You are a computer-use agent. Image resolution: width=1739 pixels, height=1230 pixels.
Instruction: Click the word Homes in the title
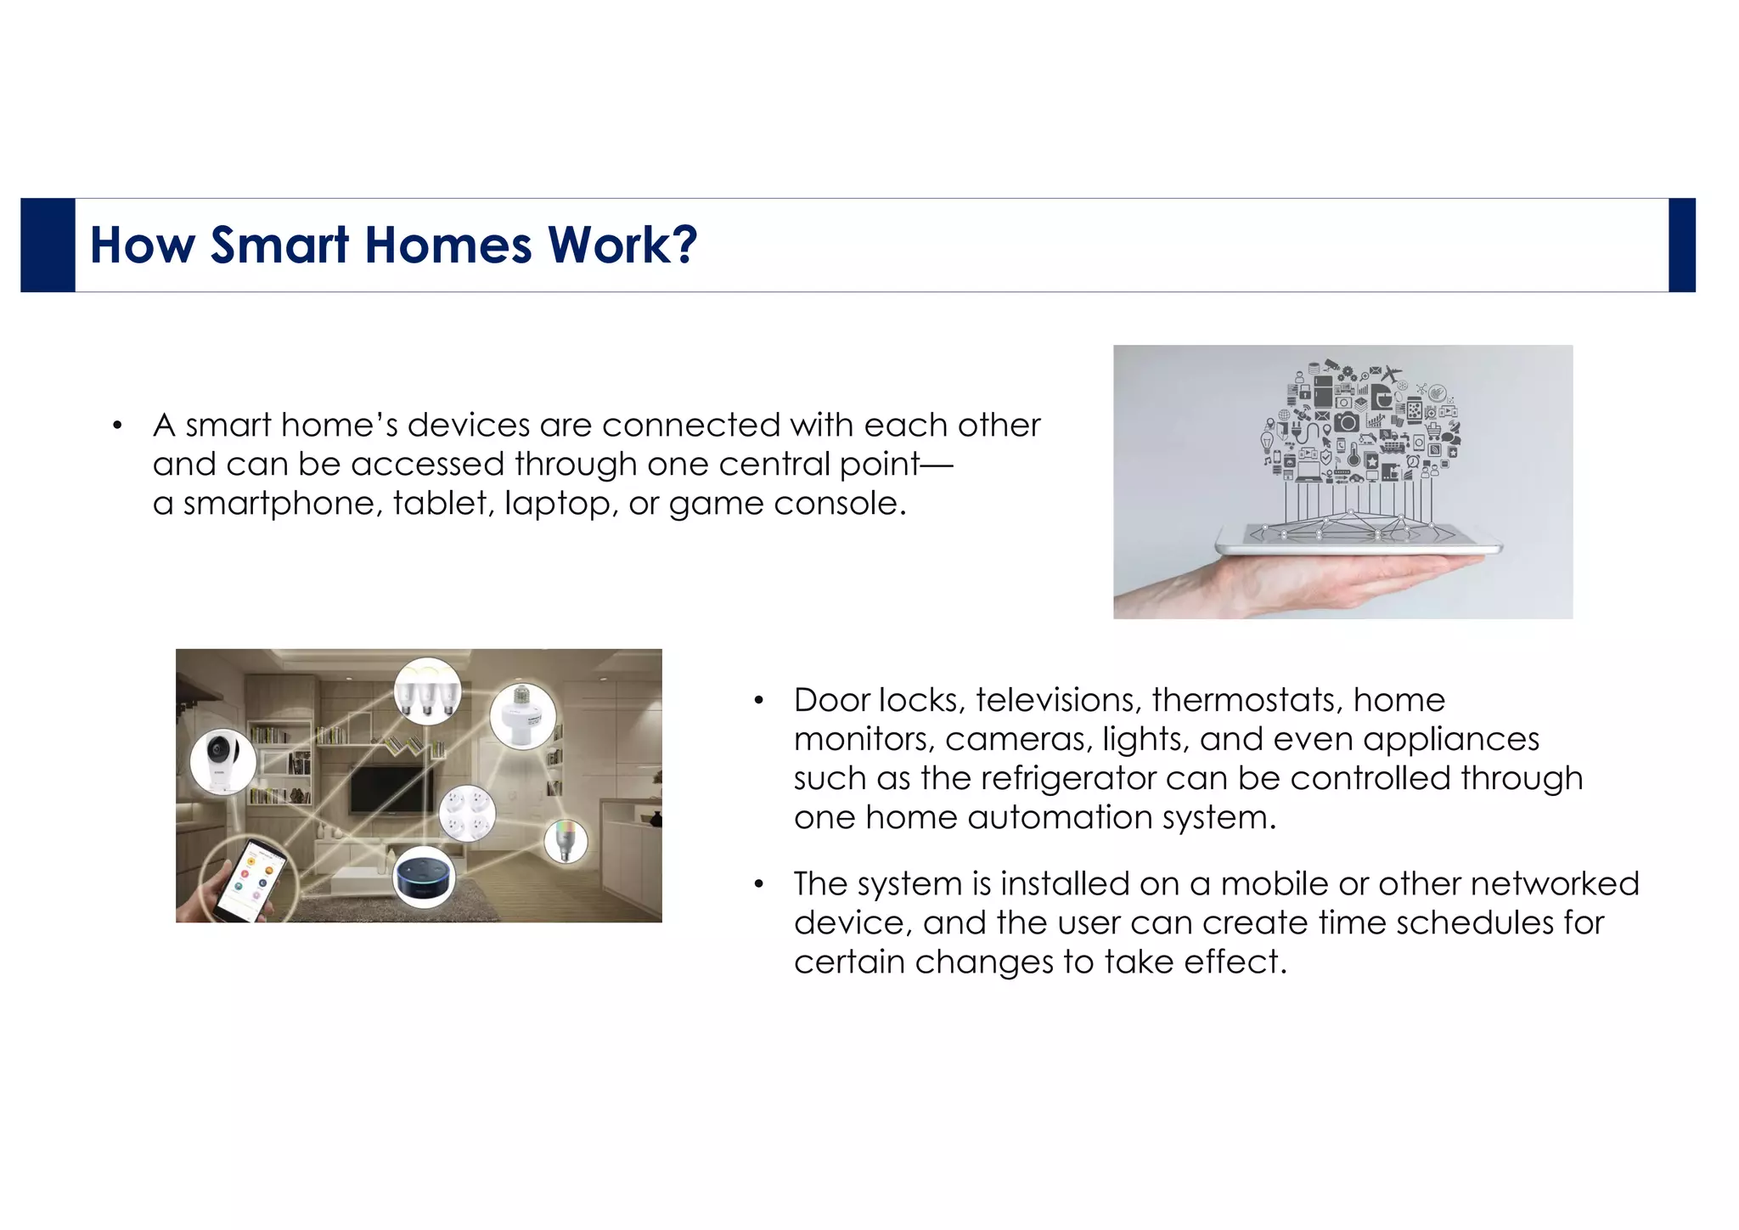448,245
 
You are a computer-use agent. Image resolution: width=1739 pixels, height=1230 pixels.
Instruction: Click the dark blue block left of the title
48,245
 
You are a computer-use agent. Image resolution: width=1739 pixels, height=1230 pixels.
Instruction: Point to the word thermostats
1247,701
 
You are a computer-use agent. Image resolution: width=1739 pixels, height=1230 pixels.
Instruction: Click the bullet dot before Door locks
759,702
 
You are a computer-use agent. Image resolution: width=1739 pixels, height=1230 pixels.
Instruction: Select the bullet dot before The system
759,885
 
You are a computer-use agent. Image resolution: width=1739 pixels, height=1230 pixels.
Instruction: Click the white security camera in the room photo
222,759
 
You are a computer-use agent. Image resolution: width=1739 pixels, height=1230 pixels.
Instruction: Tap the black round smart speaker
425,877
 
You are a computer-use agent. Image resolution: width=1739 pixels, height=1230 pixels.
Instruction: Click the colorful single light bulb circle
566,841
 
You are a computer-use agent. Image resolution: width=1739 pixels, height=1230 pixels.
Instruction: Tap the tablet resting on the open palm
1359,539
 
